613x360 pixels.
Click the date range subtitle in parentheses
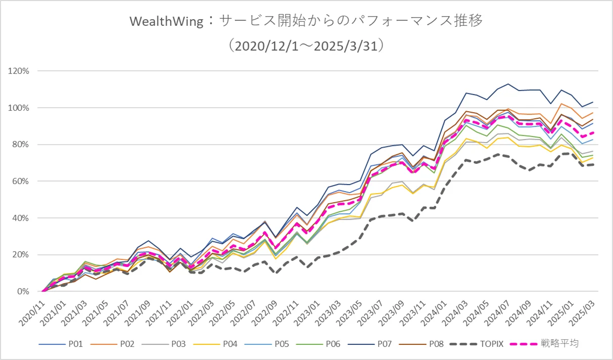coord(307,46)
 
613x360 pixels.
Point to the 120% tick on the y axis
coord(19,71)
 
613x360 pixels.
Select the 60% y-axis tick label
coord(21,181)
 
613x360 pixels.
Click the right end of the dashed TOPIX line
coord(593,165)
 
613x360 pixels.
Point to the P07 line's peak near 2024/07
coord(508,84)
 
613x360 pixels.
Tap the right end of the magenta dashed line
coord(593,132)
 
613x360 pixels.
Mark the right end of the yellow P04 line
coord(593,158)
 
